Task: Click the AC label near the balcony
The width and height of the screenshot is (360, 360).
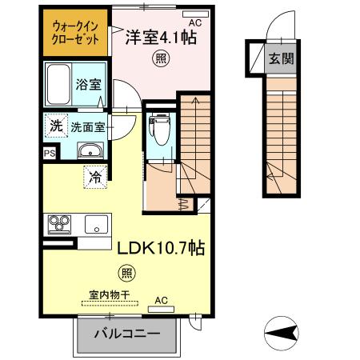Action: click(x=162, y=301)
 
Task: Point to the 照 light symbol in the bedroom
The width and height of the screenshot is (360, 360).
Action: click(x=160, y=58)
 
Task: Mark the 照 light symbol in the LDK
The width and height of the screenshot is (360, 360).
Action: click(x=127, y=272)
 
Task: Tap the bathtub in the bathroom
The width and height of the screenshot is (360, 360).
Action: click(x=59, y=84)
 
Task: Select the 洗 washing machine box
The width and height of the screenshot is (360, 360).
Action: click(x=55, y=126)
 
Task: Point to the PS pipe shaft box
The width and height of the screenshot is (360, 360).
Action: click(x=50, y=152)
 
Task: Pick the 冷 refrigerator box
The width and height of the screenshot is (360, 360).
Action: click(x=94, y=177)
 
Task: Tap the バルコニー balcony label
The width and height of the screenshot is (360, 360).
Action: click(x=127, y=333)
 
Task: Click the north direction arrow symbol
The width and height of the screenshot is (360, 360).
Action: click(x=282, y=330)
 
